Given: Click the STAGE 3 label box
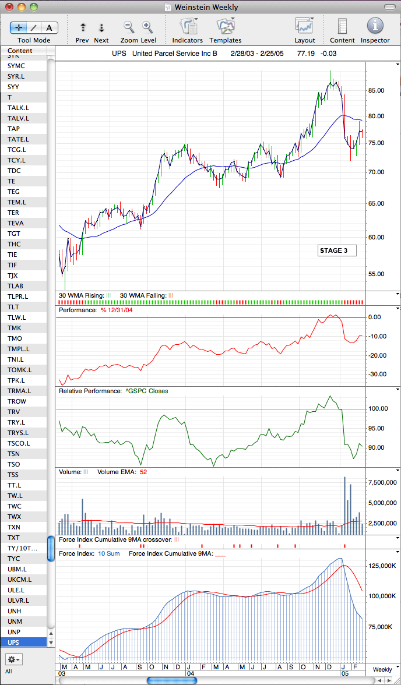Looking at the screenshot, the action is point(337,250).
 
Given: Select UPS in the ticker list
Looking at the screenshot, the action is point(13,642).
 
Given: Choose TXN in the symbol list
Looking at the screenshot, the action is point(13,527).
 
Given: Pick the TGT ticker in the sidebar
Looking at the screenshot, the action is point(13,233).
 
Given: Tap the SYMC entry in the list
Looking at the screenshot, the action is point(16,65).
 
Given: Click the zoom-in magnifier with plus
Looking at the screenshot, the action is point(146,27).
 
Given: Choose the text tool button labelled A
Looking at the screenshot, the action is point(50,28).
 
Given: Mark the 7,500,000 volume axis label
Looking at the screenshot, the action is point(382,482).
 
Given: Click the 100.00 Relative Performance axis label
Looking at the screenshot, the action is point(377,409).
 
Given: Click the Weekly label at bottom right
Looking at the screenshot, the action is point(382,669).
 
